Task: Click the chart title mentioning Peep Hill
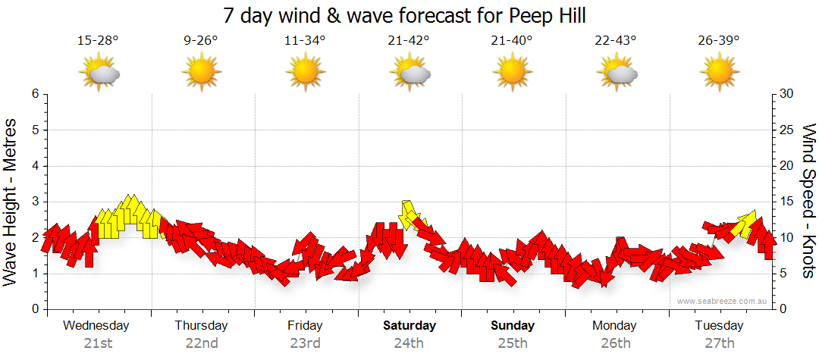(x=405, y=16)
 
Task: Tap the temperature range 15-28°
(x=98, y=41)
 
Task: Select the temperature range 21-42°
(x=408, y=41)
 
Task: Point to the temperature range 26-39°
(x=719, y=41)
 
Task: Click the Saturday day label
(x=409, y=326)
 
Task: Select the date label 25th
(x=513, y=343)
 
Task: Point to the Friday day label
(x=305, y=326)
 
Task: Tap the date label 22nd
(x=202, y=343)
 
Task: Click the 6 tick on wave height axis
(x=34, y=94)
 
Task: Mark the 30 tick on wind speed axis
(x=788, y=94)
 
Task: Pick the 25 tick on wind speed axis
(x=788, y=130)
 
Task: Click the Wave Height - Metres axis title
(x=11, y=202)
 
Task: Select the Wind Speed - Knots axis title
(x=808, y=202)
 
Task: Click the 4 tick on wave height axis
(x=34, y=166)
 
